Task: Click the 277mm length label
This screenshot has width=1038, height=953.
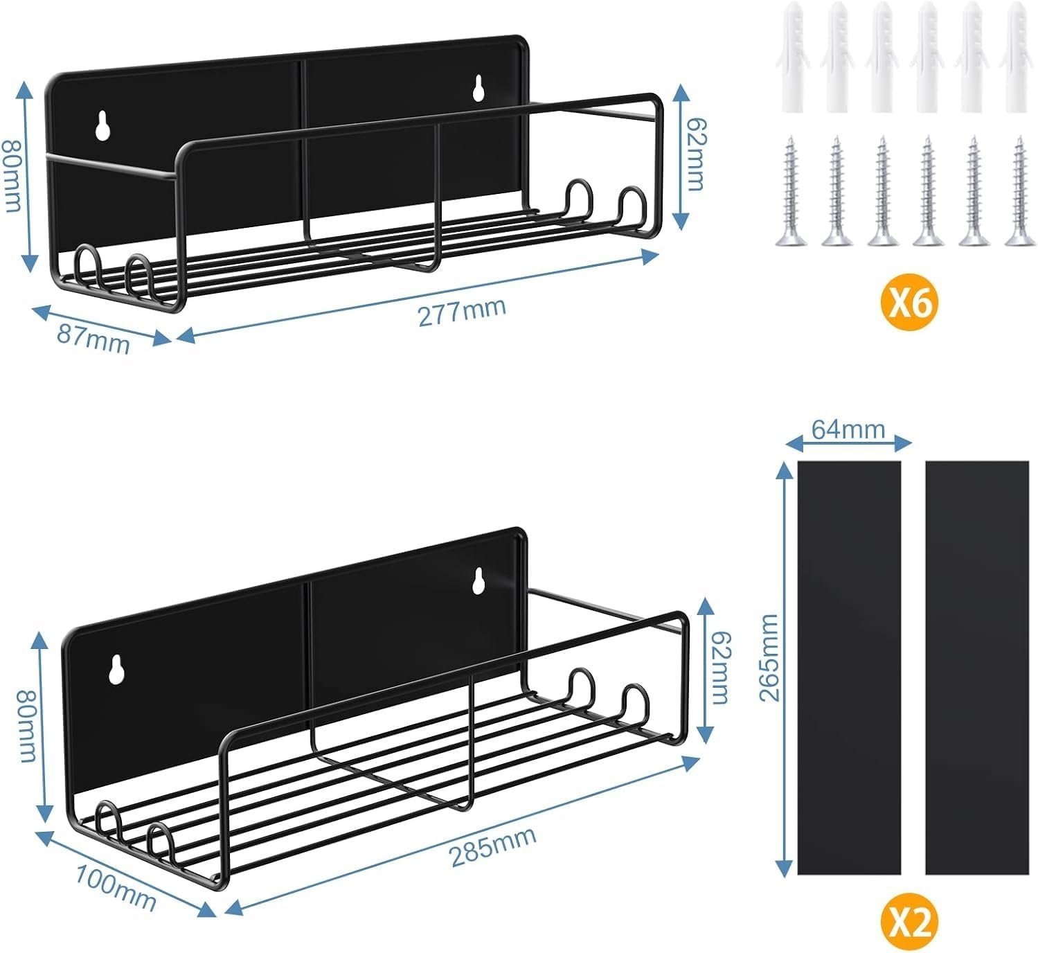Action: [x=462, y=312]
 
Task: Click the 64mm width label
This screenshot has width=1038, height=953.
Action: [x=849, y=429]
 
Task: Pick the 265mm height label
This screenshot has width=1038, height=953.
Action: [x=769, y=658]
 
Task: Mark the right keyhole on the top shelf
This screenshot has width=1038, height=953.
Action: [x=478, y=87]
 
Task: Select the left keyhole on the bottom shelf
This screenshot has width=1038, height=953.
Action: [x=117, y=670]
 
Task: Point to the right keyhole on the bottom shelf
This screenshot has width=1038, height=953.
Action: [x=478, y=580]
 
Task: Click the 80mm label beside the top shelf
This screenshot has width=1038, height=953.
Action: [x=11, y=175]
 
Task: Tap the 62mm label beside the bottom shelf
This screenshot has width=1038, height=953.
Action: [x=721, y=668]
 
